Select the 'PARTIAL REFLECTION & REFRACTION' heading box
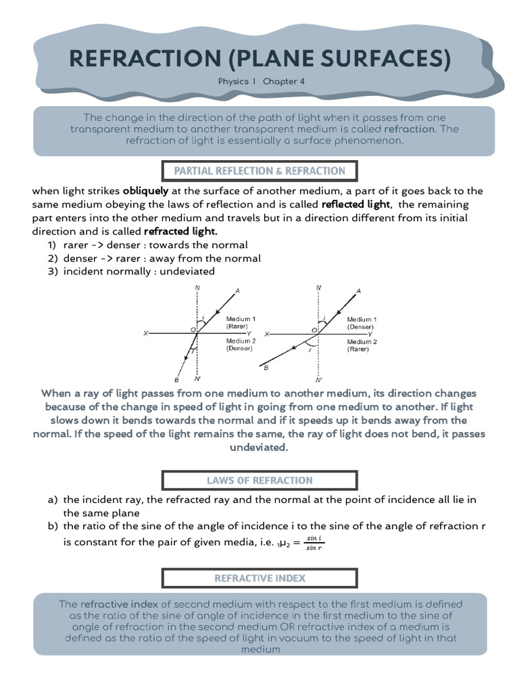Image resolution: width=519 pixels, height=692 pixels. point(259,171)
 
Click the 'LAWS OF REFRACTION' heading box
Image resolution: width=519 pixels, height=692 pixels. point(259,480)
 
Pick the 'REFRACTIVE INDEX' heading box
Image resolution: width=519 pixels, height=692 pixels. point(259,578)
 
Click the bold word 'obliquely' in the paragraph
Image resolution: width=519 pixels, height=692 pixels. point(145,191)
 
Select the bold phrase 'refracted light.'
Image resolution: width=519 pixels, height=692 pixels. point(180,231)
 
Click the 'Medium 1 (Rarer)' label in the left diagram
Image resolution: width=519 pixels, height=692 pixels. point(241,322)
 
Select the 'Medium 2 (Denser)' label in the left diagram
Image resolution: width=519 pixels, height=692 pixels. point(241,345)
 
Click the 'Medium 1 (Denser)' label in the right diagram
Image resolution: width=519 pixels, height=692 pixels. point(362,322)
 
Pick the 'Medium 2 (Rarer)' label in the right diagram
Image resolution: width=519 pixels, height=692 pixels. point(362,345)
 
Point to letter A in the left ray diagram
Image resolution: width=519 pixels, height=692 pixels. point(237,291)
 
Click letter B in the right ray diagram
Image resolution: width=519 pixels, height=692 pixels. point(266,368)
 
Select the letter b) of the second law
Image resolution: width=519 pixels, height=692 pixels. point(53,526)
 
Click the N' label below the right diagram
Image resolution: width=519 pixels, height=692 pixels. point(318,380)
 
